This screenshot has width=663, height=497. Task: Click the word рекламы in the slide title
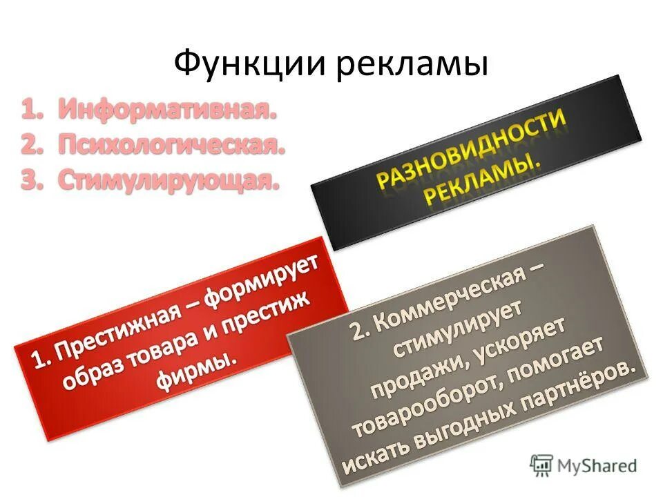[414, 66]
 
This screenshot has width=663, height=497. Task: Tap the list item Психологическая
[171, 145]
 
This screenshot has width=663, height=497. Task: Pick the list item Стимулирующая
[169, 180]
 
